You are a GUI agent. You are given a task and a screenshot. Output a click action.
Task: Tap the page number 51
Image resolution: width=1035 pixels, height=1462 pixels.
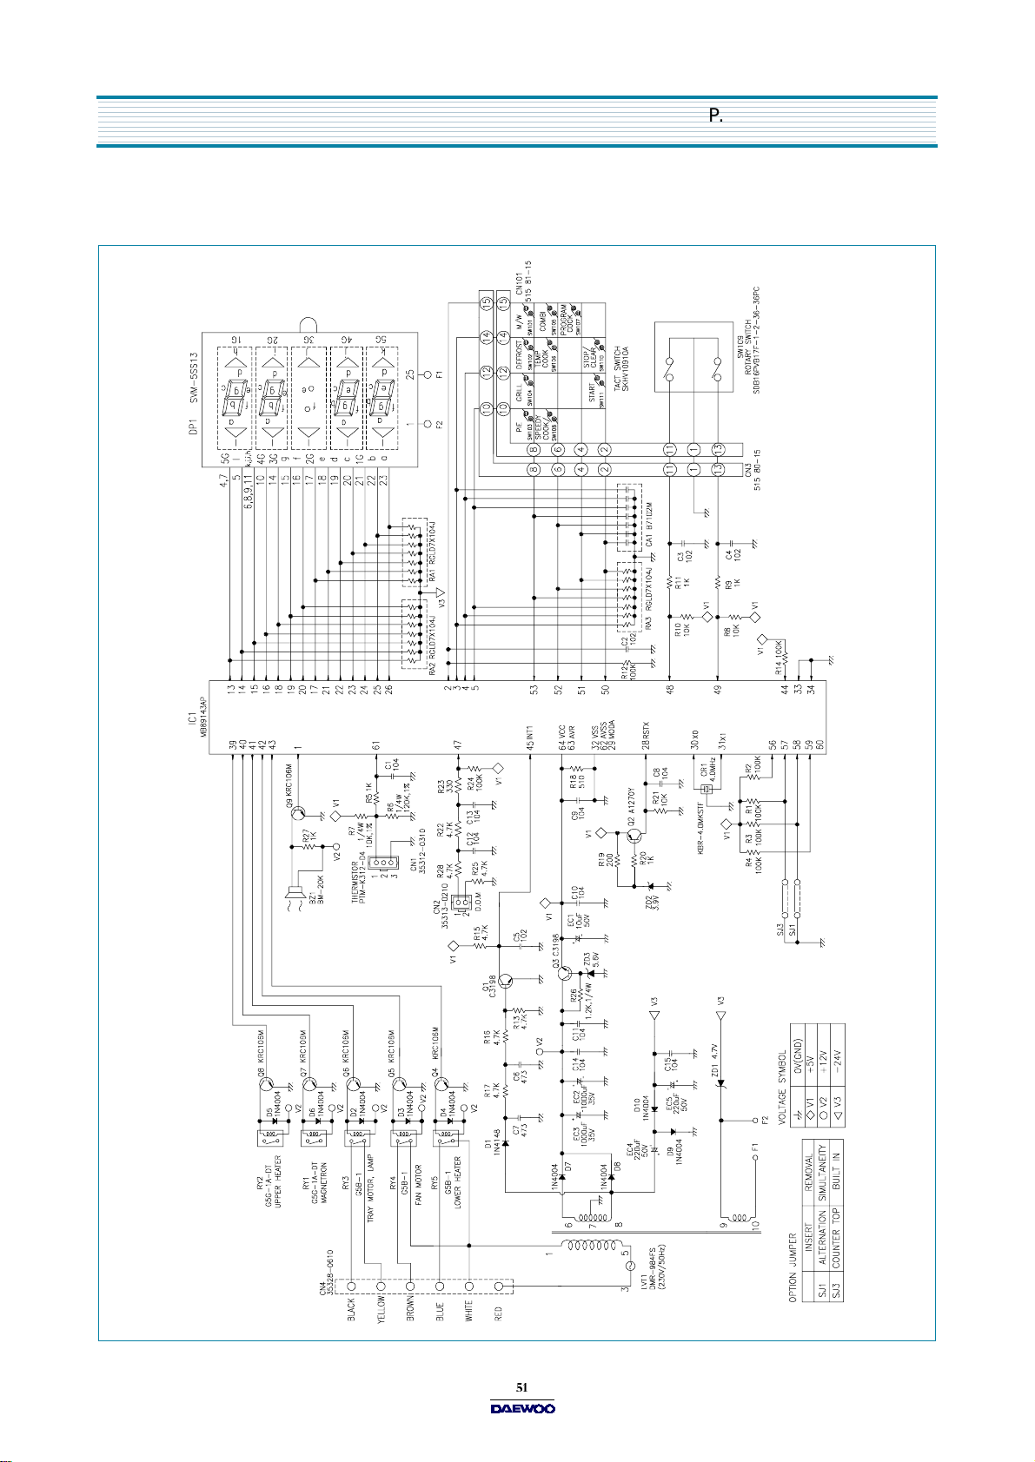(x=522, y=1387)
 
